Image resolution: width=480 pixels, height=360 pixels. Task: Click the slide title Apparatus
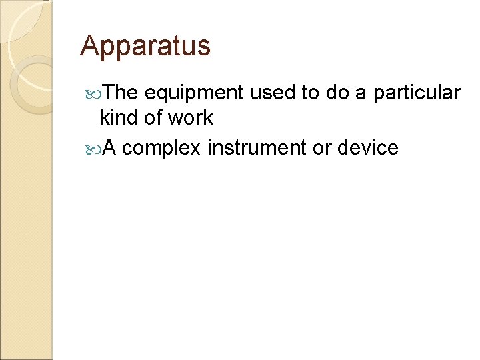tap(145, 46)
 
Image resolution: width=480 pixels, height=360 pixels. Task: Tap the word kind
tap(119, 118)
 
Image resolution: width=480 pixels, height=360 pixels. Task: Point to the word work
tap(190, 118)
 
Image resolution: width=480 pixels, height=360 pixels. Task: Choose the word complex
tap(161, 148)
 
